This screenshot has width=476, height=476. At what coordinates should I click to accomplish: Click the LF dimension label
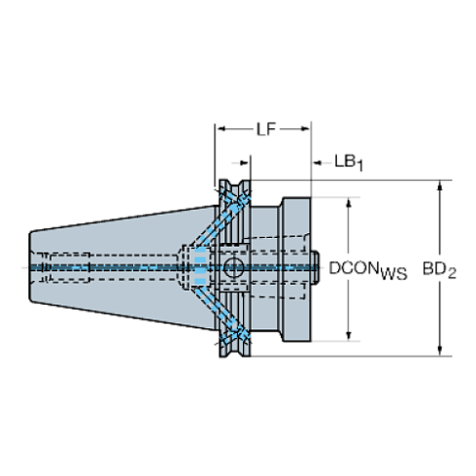pyautogui.click(x=266, y=129)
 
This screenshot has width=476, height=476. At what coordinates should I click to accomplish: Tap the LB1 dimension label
pyautogui.click(x=349, y=162)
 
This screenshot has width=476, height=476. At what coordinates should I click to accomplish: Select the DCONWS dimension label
pyautogui.click(x=368, y=270)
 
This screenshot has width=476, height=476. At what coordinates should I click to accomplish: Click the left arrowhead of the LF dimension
pyautogui.click(x=221, y=129)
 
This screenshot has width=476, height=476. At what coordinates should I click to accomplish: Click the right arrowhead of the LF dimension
pyautogui.click(x=306, y=129)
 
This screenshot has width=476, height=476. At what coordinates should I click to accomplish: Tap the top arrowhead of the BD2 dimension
pyautogui.click(x=439, y=186)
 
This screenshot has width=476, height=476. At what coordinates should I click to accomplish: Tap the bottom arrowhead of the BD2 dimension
pyautogui.click(x=439, y=351)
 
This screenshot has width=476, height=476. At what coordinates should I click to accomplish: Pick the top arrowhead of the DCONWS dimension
pyautogui.click(x=349, y=202)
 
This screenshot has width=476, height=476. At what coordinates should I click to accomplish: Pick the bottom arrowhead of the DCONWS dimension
pyautogui.click(x=349, y=336)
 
